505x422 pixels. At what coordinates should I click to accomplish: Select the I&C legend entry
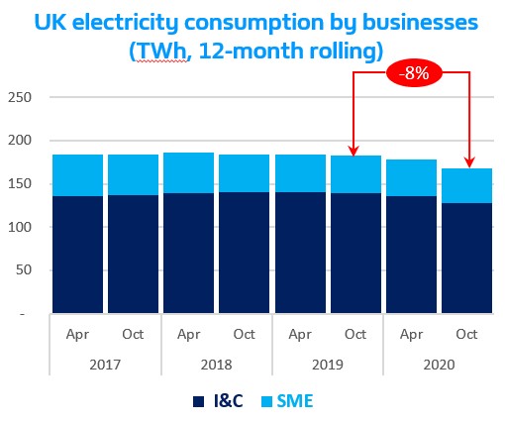pos(221,400)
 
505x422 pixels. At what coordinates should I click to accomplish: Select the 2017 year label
pos(105,366)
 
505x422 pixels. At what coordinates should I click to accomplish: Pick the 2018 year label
pos(217,366)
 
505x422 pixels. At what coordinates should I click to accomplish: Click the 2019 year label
pos(328,366)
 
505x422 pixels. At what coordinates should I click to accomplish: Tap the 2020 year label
pos(439,366)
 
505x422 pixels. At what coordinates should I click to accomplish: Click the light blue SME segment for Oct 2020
pos(466,185)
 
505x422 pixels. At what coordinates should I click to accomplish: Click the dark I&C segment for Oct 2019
pos(355,253)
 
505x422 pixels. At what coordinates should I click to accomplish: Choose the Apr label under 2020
pos(411,335)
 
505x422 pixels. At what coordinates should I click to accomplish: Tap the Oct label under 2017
pos(133,335)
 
